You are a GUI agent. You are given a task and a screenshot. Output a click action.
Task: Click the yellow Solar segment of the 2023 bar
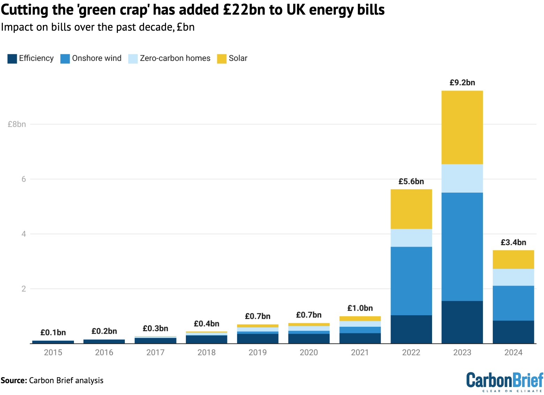(x=462, y=127)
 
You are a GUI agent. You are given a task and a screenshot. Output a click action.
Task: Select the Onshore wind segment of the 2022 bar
(x=411, y=281)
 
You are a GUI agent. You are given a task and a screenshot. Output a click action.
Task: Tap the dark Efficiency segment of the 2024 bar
(x=513, y=332)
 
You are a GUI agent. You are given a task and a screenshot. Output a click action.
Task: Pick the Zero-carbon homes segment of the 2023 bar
(x=462, y=178)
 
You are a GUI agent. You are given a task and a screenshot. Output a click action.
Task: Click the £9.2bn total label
(x=462, y=83)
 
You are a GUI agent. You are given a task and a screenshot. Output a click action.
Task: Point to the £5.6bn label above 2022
(x=411, y=181)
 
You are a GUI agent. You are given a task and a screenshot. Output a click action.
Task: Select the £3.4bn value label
(x=513, y=242)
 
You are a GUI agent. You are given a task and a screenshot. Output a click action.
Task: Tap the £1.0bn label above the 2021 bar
(x=360, y=308)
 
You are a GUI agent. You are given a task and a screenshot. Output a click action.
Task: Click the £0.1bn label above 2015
(x=53, y=333)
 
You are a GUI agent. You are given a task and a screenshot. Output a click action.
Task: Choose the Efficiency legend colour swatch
(x=12, y=59)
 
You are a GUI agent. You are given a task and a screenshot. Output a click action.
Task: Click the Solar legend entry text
(x=238, y=59)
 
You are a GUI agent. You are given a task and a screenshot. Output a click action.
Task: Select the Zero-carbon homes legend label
(x=175, y=59)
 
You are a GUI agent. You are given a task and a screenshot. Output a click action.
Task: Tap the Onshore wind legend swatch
(x=65, y=59)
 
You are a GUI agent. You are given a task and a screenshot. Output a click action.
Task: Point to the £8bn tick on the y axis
(x=17, y=124)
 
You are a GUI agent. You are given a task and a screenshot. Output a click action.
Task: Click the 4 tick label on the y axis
(x=24, y=234)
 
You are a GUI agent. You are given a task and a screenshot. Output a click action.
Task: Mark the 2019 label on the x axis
(x=258, y=353)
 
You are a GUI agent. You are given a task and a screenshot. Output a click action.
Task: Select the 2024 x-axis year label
(x=513, y=353)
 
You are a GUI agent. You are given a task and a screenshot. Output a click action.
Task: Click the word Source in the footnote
(x=14, y=380)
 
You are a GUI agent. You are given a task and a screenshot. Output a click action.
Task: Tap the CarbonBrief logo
(x=505, y=381)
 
